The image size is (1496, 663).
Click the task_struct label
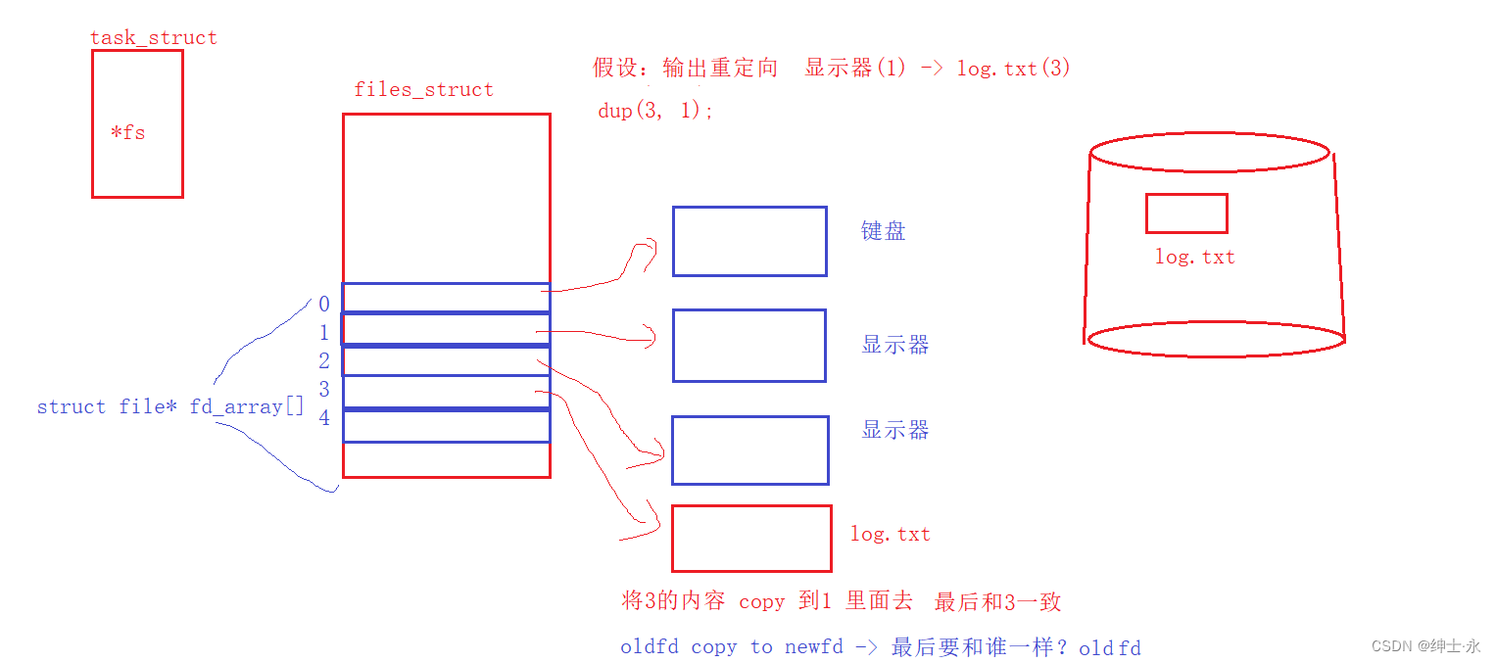tap(153, 38)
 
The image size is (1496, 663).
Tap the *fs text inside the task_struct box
tap(127, 132)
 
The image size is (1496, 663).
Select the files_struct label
tap(423, 90)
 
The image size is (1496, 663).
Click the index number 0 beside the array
tap(324, 305)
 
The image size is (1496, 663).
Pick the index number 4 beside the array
tap(324, 418)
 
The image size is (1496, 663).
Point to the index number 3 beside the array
tap(324, 390)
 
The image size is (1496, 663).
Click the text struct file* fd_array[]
tap(170, 406)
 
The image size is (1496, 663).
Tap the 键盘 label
tap(883, 231)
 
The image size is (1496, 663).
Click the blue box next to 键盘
tap(749, 241)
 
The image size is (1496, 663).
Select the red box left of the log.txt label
tap(751, 538)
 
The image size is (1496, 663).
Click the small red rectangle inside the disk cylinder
tap(1186, 213)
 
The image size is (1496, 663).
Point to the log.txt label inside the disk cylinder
tap(1194, 258)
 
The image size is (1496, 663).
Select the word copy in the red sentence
tap(761, 601)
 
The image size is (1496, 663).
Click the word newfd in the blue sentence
tap(813, 647)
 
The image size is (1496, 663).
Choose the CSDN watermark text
tap(1425, 646)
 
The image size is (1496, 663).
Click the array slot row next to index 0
tap(446, 298)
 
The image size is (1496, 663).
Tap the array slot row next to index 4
tap(446, 426)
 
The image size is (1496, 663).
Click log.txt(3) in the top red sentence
tap(1013, 69)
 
